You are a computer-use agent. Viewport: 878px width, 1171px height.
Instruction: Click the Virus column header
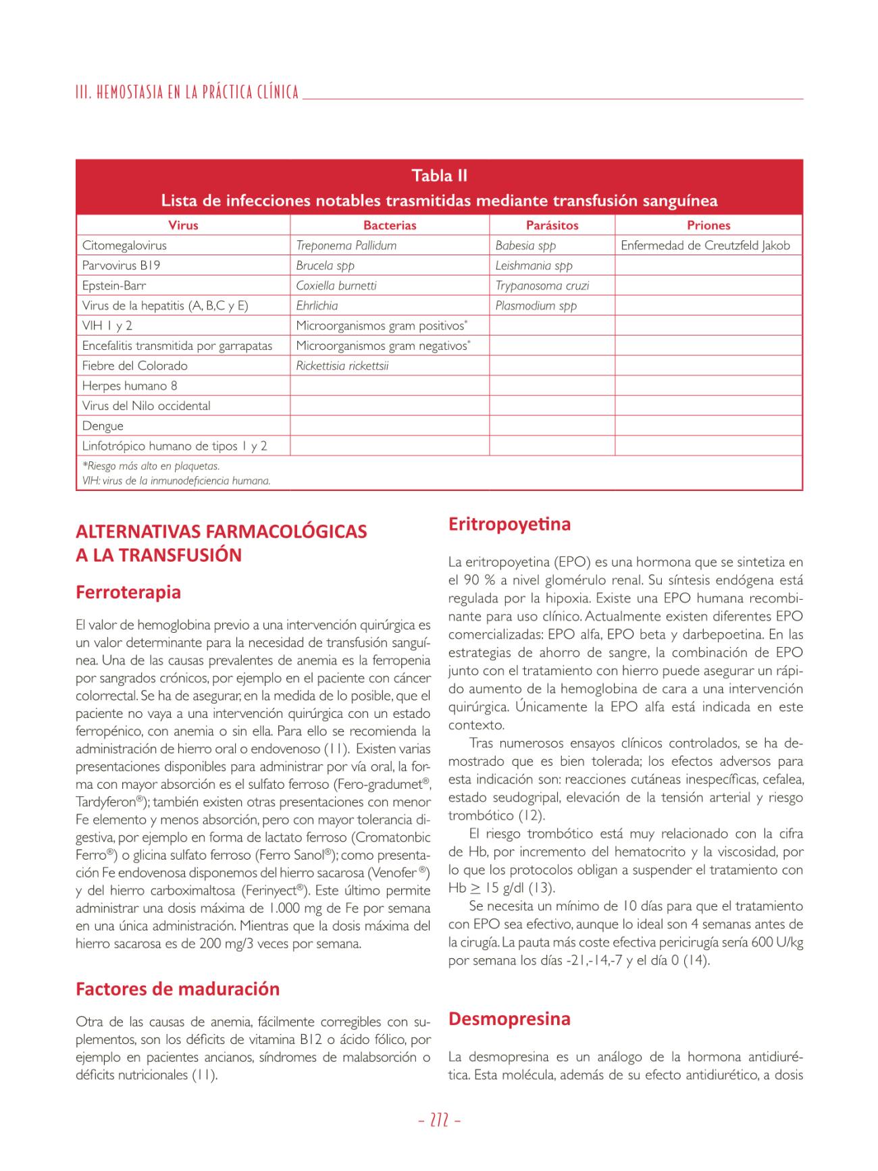tap(183, 226)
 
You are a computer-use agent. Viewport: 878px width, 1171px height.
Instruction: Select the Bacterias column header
tap(390, 226)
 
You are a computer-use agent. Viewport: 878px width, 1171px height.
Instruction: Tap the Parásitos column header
tap(552, 226)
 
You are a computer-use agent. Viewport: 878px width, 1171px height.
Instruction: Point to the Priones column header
tap(708, 226)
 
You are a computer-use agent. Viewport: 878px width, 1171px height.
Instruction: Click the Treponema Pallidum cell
tap(346, 246)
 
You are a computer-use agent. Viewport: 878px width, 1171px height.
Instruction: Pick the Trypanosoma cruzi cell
tap(542, 286)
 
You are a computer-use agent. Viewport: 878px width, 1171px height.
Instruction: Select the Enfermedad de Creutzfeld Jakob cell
tap(705, 246)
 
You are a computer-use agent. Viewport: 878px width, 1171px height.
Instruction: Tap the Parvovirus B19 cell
tap(121, 265)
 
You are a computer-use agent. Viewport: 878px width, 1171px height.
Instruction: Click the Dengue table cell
tap(103, 426)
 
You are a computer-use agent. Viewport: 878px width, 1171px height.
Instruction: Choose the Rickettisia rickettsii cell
tap(342, 366)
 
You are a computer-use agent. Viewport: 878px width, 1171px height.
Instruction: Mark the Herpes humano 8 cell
tap(130, 386)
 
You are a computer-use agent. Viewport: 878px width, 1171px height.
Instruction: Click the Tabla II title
tap(439, 176)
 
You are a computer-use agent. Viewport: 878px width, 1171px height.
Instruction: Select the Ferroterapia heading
tap(128, 592)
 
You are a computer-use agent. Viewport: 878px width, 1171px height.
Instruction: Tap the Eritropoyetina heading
tap(509, 524)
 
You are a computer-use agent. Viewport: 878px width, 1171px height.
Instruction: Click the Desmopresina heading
tap(509, 1018)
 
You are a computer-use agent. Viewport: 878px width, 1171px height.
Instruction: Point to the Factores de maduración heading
tap(178, 989)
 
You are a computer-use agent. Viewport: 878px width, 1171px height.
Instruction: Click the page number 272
tap(439, 1120)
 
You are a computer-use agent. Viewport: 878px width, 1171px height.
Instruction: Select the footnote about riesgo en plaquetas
tap(151, 466)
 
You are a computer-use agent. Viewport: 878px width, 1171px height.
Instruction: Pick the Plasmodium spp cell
tap(536, 306)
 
